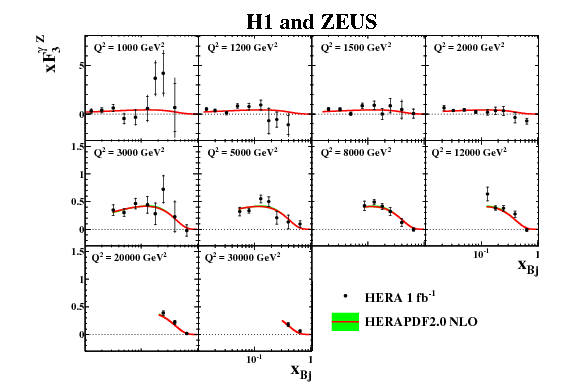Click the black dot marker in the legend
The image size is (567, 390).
pos(345,297)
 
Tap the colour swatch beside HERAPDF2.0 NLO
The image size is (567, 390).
pos(345,322)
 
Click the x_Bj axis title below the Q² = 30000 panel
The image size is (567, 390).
pos(301,369)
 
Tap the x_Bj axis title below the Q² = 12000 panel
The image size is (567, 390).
pos(528,264)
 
